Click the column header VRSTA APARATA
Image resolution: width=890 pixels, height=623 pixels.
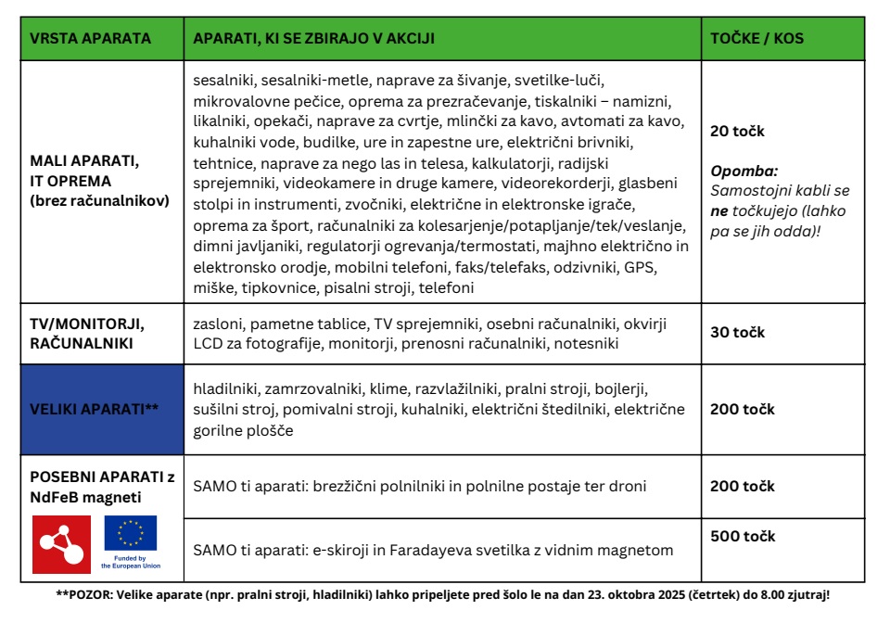89,39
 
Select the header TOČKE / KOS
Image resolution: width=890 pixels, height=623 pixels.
756,39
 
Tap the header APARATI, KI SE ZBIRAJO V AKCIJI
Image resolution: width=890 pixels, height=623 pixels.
313,39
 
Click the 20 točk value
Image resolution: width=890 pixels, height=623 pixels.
737,132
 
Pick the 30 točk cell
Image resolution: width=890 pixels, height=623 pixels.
737,332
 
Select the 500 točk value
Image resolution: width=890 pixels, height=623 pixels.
743,536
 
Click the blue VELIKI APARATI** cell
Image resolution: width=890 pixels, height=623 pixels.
102,409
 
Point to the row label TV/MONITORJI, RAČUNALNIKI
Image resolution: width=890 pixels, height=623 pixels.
88,332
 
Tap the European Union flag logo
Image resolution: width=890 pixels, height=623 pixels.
130,533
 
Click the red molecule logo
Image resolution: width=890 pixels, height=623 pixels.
61,544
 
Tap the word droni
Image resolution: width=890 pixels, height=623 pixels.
627,486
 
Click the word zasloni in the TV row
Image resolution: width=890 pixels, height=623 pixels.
219,324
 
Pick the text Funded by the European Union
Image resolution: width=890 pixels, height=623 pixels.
130,562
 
